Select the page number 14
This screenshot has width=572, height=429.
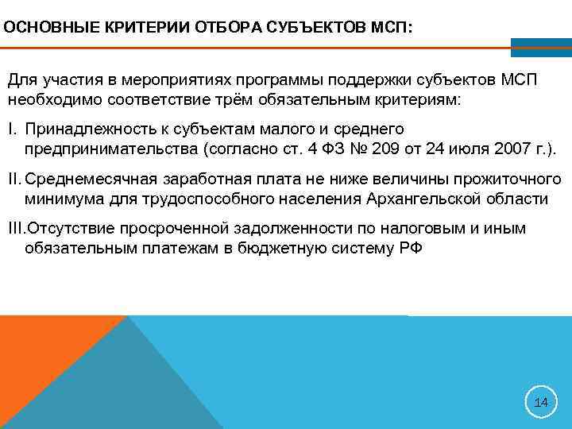click(x=541, y=403)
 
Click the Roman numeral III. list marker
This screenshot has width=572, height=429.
click(x=17, y=229)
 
